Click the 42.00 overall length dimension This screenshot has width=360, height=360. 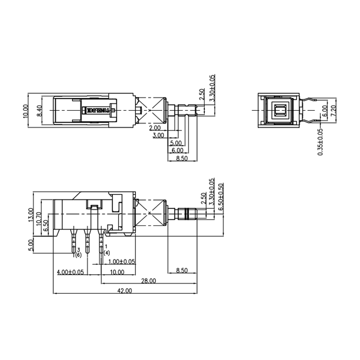125,291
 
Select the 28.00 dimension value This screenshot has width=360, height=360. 148,281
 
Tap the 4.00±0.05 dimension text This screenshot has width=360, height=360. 71,272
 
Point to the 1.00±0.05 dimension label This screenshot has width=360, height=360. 121,261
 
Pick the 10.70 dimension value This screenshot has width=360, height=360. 39,218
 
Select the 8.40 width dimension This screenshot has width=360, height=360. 39,110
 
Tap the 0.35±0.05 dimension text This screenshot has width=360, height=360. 320,142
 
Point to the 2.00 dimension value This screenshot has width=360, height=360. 155,128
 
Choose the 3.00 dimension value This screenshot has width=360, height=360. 158,135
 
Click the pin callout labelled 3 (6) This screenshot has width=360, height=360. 78,252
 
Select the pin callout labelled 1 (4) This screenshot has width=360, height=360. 106,250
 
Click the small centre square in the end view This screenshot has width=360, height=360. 280,110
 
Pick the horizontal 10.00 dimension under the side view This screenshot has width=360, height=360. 117,272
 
